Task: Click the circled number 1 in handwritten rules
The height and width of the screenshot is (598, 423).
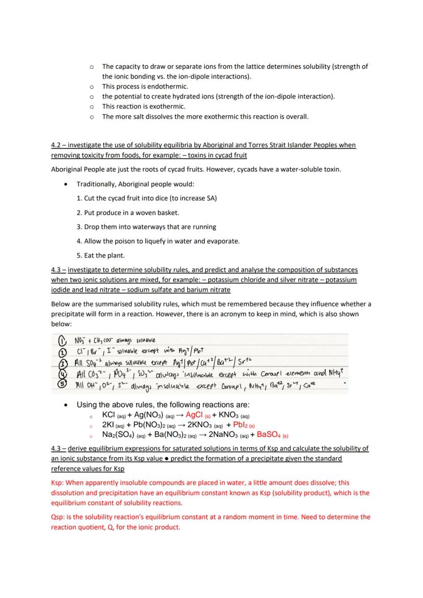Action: coord(59,340)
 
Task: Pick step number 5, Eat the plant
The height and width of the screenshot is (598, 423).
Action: coord(100,255)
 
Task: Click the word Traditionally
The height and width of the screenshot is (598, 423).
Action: coord(98,184)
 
